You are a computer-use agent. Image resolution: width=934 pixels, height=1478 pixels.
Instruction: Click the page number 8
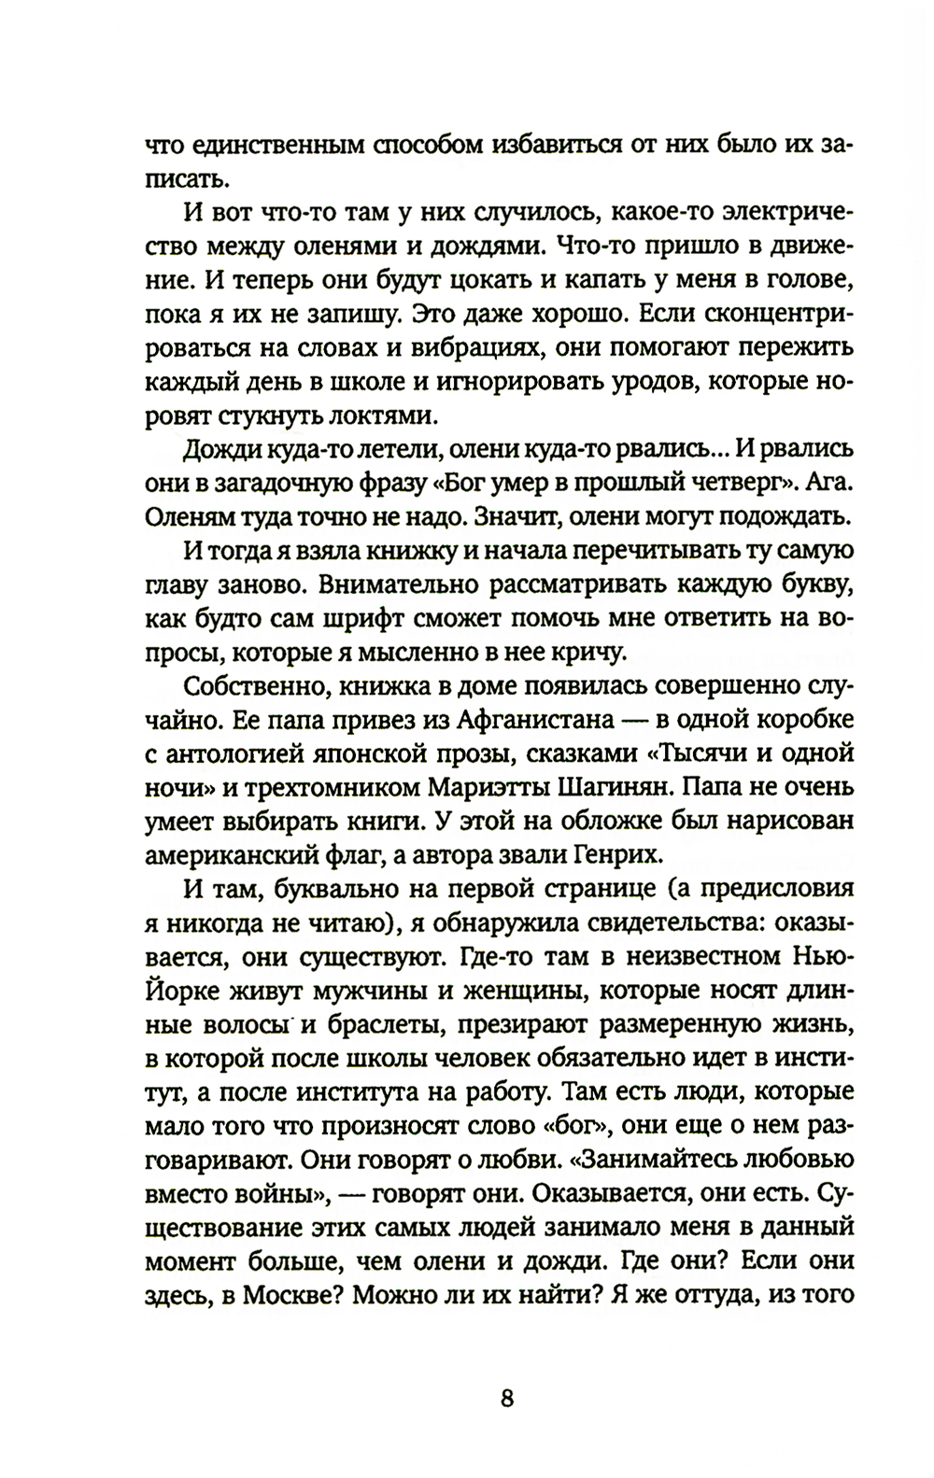[x=507, y=1372]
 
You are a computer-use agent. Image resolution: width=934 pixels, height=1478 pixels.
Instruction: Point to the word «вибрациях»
[x=464, y=346]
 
